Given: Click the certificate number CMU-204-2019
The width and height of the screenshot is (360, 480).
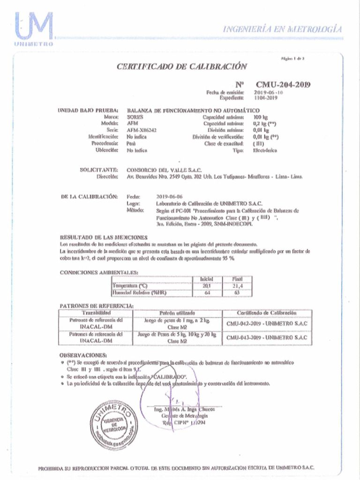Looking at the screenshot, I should click(283, 84).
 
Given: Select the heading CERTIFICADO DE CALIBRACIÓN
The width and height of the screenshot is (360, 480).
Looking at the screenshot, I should click(181, 67).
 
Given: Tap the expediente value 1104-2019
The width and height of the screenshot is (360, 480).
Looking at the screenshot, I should click(266, 98).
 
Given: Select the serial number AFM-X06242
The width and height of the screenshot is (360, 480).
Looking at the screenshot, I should click(142, 130).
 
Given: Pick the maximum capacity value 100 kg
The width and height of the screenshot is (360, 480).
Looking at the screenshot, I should click(261, 117).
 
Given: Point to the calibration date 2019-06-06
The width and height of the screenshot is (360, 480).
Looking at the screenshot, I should click(169, 197).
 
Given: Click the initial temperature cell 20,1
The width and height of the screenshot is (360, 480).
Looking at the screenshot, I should click(207, 285).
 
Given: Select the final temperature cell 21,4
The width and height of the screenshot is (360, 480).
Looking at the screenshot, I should click(237, 285).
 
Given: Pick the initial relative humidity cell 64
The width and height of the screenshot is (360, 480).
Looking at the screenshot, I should click(207, 292).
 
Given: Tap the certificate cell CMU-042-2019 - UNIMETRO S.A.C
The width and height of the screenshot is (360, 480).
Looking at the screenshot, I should click(267, 323).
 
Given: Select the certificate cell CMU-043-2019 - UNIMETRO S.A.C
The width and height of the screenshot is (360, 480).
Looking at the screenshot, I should click(267, 337).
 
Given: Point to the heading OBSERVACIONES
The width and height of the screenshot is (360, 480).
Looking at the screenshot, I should click(84, 355).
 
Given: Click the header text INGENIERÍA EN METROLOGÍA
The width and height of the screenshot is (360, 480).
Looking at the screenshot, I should click(282, 29).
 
